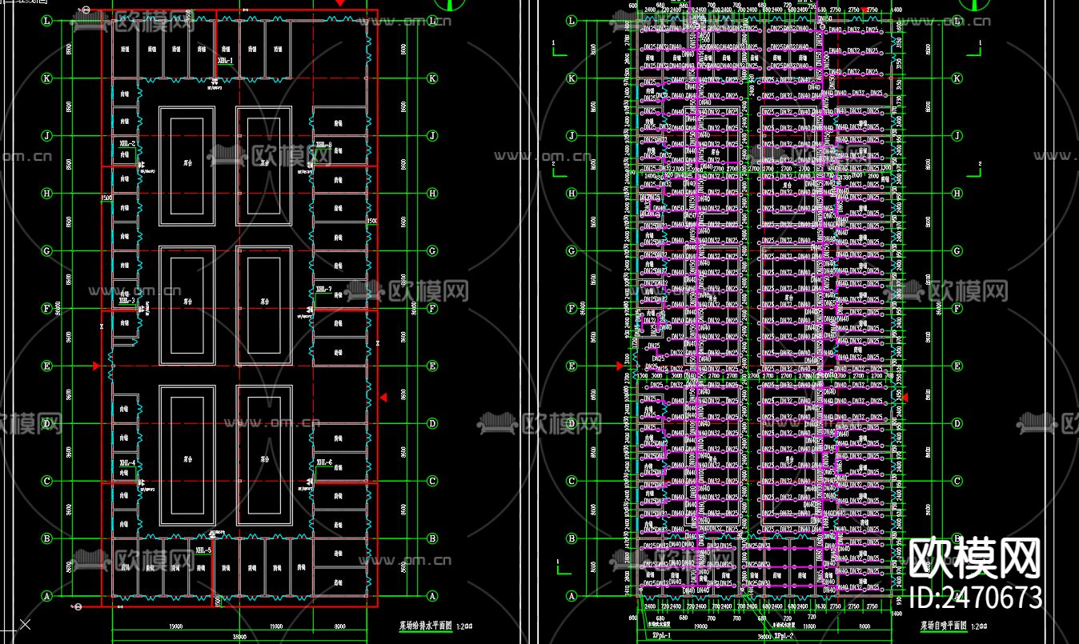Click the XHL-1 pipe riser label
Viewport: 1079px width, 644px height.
[x=225, y=61]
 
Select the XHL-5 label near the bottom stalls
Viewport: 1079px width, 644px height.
[x=203, y=550]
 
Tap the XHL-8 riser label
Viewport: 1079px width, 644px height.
[x=323, y=145]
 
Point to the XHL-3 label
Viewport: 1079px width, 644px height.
[x=126, y=302]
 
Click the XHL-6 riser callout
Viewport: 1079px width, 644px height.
[x=324, y=462]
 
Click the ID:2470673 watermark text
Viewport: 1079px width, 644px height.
[x=977, y=597]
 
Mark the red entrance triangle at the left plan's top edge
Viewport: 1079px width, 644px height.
[x=340, y=3]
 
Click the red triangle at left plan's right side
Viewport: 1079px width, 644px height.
[x=383, y=397]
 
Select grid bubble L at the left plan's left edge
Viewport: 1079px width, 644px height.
[x=46, y=21]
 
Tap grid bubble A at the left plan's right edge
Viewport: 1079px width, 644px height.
[x=432, y=596]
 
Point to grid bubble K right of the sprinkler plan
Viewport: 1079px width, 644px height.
[x=957, y=78]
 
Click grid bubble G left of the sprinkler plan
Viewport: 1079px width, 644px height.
[x=572, y=251]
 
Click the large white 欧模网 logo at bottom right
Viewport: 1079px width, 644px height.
[x=976, y=558]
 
